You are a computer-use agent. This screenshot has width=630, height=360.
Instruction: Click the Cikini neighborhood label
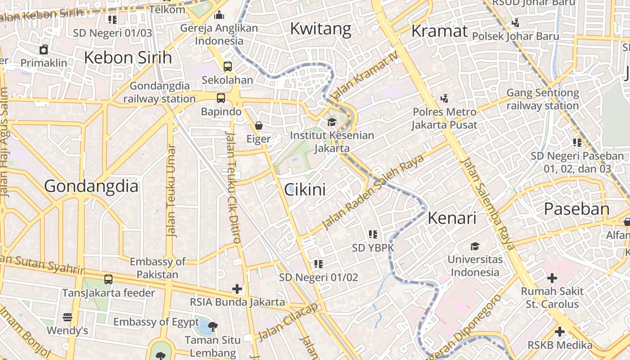(x=305, y=189)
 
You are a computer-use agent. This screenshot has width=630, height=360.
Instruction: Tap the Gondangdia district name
(x=91, y=186)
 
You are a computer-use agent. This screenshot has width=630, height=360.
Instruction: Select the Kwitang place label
(x=320, y=28)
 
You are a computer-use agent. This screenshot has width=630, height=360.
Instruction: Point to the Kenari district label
(x=452, y=218)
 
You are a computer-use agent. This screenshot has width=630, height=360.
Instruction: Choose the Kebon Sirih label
(x=128, y=58)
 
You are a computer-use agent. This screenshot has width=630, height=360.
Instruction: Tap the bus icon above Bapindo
(x=220, y=98)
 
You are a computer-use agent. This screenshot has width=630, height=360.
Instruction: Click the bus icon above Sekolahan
(x=227, y=67)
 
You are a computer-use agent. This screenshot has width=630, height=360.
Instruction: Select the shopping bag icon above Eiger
(x=258, y=125)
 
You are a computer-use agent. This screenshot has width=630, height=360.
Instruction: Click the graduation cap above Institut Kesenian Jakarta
(x=332, y=122)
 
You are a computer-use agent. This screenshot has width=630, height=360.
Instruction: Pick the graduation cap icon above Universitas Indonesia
(x=475, y=246)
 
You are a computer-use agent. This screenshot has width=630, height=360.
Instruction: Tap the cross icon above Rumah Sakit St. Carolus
(x=552, y=278)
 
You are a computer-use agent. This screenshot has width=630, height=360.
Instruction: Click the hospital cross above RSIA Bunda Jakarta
(x=237, y=288)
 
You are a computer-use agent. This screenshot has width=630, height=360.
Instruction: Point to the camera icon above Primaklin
(x=44, y=49)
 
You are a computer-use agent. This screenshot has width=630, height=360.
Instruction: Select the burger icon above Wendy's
(x=67, y=317)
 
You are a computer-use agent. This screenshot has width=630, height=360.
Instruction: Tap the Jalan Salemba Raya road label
(x=488, y=205)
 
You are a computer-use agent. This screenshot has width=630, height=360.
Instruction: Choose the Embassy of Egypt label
(x=156, y=322)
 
